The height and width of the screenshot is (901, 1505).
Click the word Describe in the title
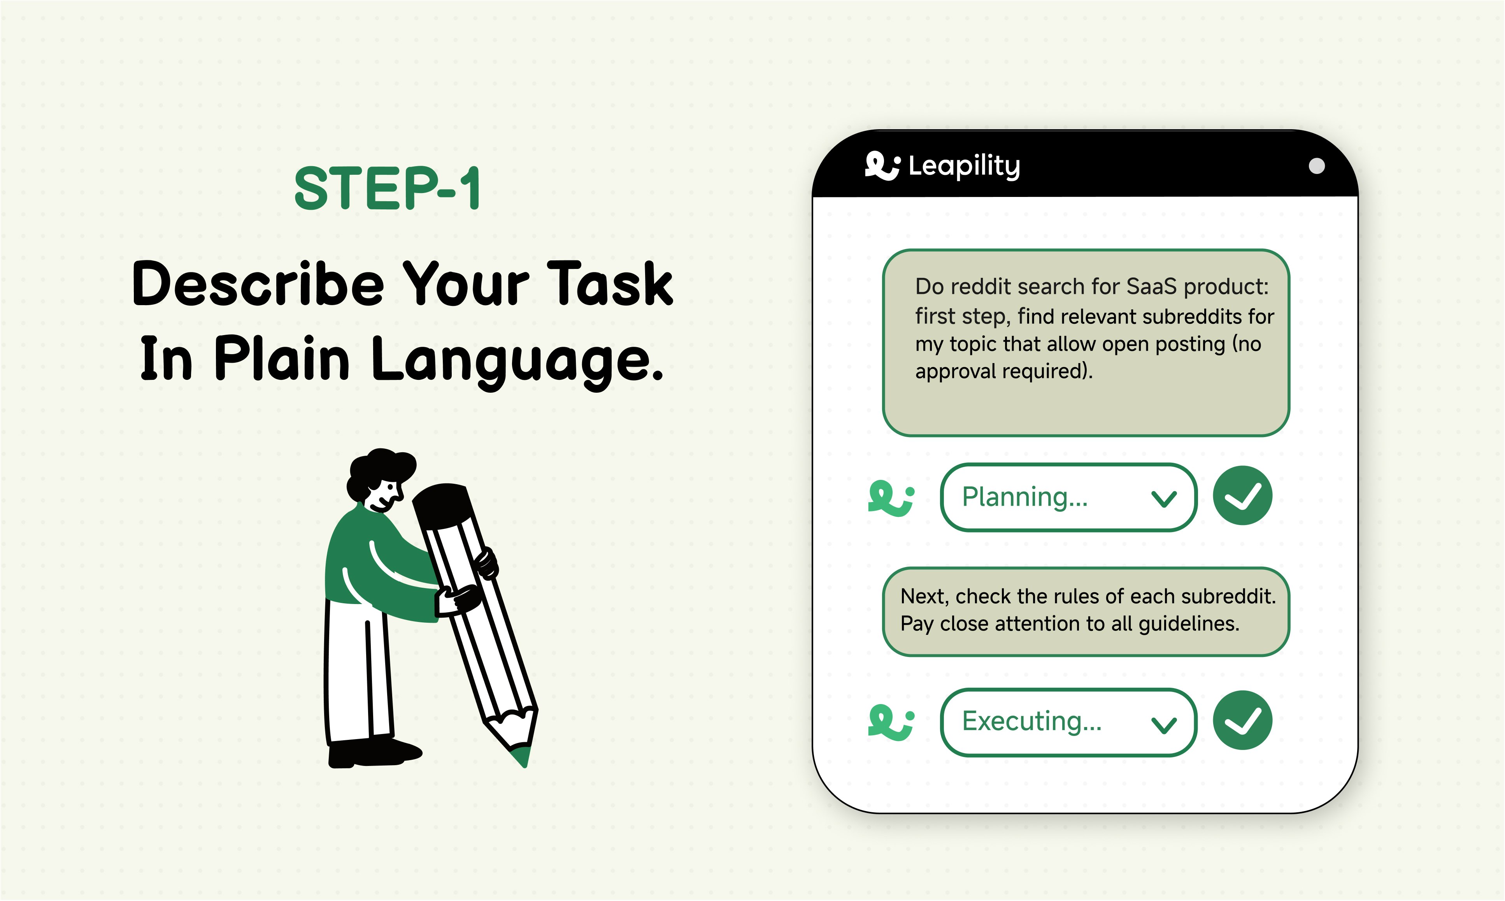tap(258, 284)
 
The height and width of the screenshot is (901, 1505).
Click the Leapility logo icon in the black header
tap(882, 165)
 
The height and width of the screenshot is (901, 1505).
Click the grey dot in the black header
tap(1316, 166)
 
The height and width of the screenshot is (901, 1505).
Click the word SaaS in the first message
tap(1151, 286)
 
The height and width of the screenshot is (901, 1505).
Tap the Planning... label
tap(1024, 497)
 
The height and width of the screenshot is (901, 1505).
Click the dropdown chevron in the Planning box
tap(1163, 499)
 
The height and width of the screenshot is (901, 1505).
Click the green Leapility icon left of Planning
tap(890, 498)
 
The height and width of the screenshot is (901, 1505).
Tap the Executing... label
tap(1031, 721)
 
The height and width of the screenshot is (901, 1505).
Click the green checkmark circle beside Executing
tap(1242, 720)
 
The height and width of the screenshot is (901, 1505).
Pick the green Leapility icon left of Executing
tap(890, 722)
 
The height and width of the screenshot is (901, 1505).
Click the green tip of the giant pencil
tap(522, 757)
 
